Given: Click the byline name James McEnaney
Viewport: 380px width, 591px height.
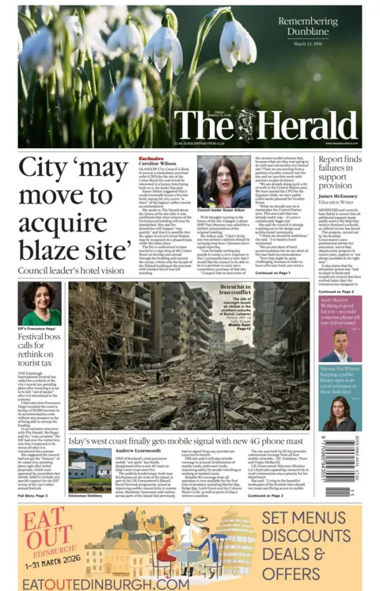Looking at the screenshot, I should point(337,196).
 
